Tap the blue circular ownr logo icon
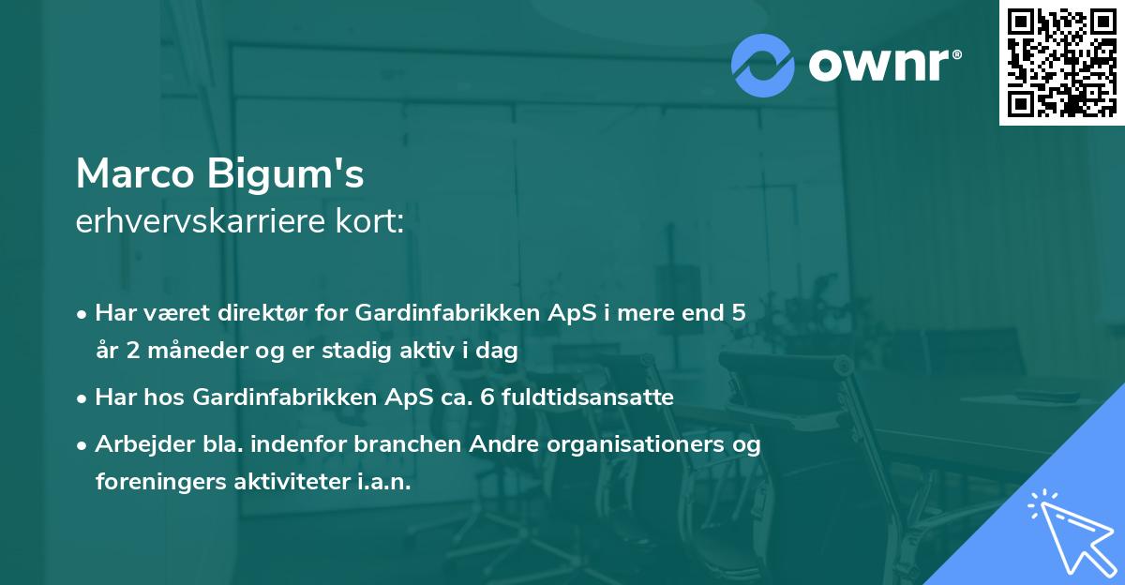[763, 65]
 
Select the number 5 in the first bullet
[739, 313]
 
